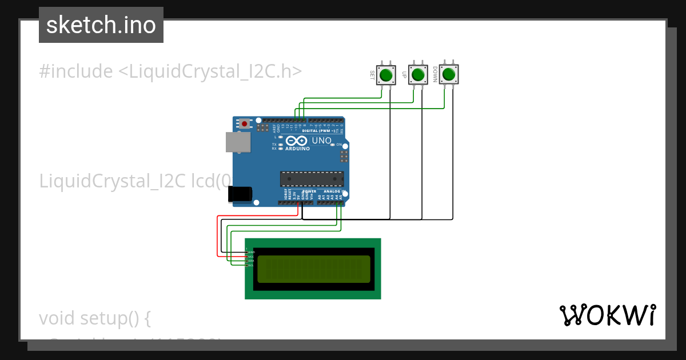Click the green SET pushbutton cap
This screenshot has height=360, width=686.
tap(386, 75)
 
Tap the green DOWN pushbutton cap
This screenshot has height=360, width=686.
tap(449, 74)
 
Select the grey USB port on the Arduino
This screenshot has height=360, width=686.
tap(237, 142)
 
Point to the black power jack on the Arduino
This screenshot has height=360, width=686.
tap(240, 194)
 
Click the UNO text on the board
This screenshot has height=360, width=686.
tap(321, 141)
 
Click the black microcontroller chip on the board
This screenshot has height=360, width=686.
tap(312, 179)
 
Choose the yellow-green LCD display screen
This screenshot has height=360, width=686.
tap(313, 269)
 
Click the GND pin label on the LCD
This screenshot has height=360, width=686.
tap(250, 252)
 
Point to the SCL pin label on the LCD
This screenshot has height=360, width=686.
tap(250, 265)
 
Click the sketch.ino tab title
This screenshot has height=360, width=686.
tap(101, 25)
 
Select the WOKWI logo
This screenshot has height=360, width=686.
tap(607, 315)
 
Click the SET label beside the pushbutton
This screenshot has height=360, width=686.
tap(372, 75)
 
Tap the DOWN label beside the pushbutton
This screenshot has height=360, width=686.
tap(435, 75)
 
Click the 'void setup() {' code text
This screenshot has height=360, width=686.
tap(95, 318)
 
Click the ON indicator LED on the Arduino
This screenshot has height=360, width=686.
tap(333, 145)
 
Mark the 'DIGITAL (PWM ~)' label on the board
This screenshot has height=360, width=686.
tap(322, 131)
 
